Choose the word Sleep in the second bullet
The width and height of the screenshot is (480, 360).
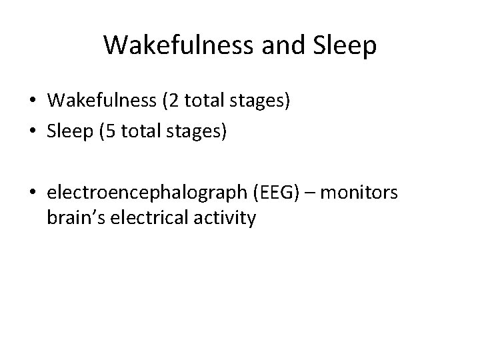pos(69,132)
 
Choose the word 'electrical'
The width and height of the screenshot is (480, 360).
pos(153,218)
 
